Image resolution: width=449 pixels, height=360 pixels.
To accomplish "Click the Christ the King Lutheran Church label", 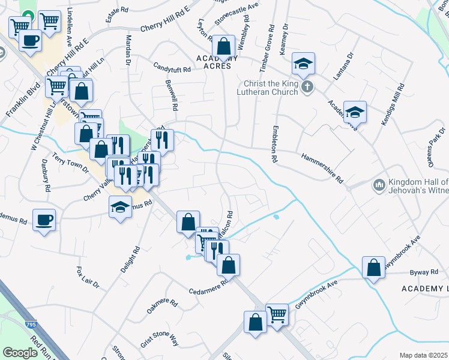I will tap(270, 88).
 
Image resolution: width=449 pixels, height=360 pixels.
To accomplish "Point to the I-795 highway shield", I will tap(31, 325).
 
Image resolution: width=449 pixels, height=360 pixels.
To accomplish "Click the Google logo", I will tap(20, 352).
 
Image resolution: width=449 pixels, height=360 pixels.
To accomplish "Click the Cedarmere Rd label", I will tap(209, 286).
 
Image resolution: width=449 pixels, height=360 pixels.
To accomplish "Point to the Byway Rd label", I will tap(424, 272).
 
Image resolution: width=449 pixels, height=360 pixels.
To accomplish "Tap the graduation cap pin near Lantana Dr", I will tap(304, 63).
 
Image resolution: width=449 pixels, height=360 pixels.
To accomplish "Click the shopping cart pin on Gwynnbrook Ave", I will tap(277, 313).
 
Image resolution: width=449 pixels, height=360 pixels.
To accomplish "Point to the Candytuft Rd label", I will tap(172, 70).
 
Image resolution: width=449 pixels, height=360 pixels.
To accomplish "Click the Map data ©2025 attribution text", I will tap(424, 355).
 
